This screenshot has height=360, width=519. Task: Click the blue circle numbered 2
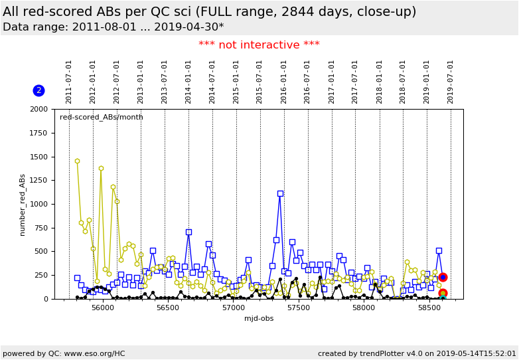[38, 90]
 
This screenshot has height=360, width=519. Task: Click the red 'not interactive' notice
[259, 45]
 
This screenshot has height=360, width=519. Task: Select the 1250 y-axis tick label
[38, 180]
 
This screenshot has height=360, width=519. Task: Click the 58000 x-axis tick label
[364, 308]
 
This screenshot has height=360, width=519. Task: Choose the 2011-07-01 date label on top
[69, 82]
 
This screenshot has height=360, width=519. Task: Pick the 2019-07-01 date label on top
[451, 82]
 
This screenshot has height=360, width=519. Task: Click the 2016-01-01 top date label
[284, 82]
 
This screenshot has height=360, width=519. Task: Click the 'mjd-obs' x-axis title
[259, 319]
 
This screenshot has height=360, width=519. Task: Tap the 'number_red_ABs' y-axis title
[22, 204]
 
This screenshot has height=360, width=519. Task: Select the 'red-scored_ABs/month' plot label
[102, 118]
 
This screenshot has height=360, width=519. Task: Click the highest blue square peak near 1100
[280, 194]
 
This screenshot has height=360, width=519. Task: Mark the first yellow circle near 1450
[77, 161]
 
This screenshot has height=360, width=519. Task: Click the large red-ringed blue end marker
[443, 277]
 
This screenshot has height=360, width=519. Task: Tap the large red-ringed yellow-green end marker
[443, 293]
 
